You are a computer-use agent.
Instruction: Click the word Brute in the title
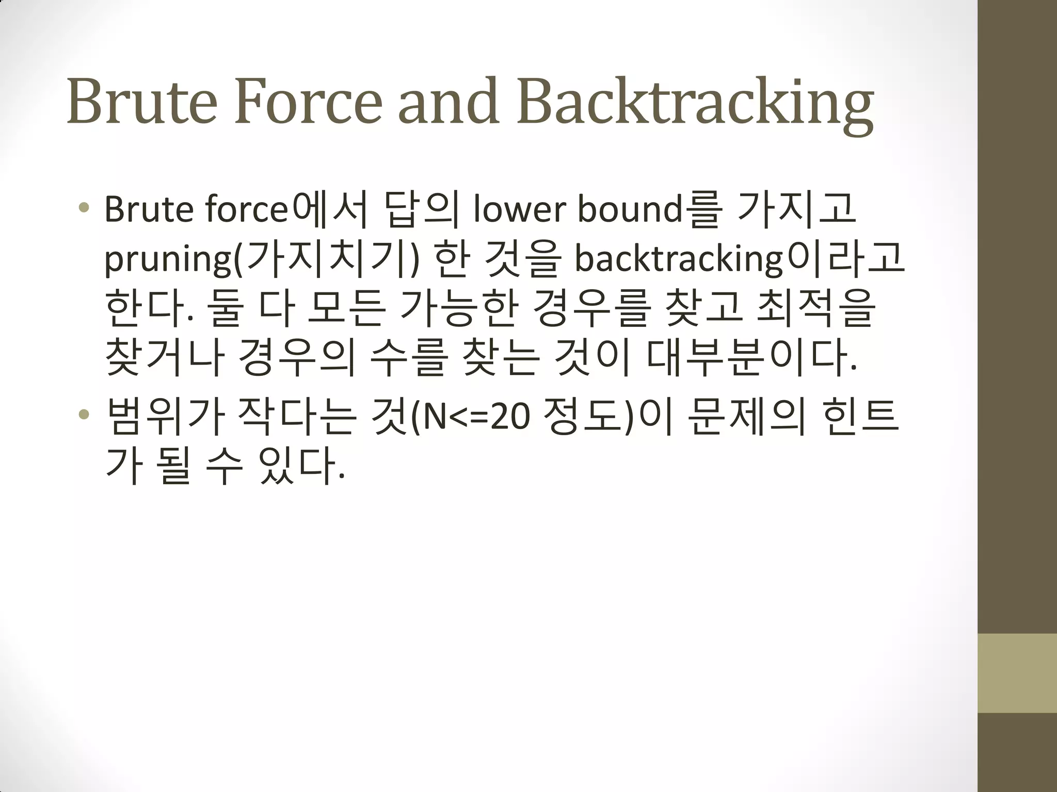(x=142, y=102)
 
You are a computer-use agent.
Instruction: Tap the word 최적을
(x=815, y=308)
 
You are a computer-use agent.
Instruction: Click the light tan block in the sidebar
(x=1017, y=673)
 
